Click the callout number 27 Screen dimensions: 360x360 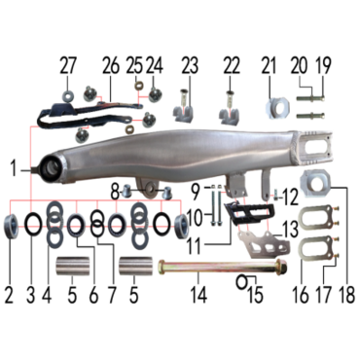(x=68, y=66)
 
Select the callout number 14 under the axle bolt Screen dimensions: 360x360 (x=198, y=294)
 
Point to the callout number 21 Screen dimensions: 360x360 (x=270, y=66)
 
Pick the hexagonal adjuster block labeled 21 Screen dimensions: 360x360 (x=279, y=107)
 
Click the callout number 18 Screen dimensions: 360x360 (x=346, y=294)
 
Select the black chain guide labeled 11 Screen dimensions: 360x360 (x=250, y=214)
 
